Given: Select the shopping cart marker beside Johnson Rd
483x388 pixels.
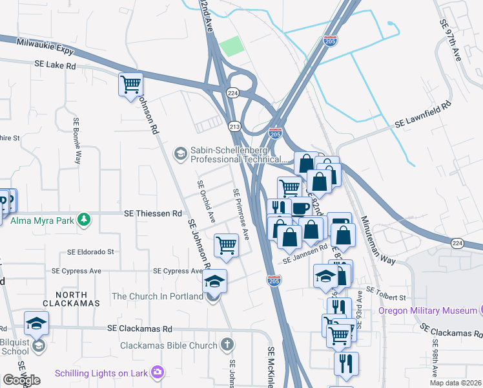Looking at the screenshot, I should pos(130,84).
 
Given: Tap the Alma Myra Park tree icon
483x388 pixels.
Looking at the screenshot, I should pos(83,220).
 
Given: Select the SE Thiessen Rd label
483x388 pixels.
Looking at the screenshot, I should pos(153,213).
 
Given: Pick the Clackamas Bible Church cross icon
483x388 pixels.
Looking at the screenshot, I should pos(227,345).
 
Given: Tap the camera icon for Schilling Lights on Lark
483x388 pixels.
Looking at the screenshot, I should pos(157,372).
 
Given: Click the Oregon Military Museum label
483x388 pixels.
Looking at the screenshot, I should pos(427,310).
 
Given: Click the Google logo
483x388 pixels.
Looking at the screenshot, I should pos(22,380).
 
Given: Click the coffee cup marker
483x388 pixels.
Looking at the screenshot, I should pos(299,208).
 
